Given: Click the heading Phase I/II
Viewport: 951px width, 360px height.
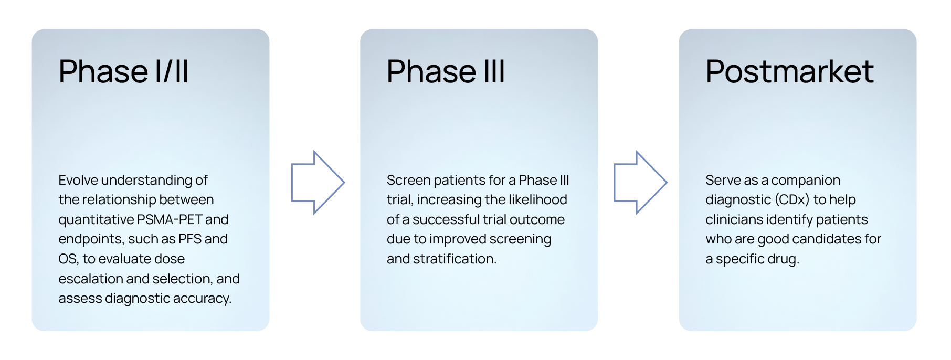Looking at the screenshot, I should (123, 71).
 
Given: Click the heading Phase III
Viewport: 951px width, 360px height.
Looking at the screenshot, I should (446, 71).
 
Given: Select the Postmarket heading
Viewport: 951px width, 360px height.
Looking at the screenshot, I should (789, 71).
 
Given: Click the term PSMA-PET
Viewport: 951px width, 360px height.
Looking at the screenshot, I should (169, 219).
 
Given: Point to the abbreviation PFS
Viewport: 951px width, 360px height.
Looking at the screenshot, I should (189, 239).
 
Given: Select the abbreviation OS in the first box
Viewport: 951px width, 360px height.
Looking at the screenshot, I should (67, 259).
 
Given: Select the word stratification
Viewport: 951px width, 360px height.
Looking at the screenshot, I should (455, 259).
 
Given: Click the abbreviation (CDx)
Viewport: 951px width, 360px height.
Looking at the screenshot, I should (792, 200).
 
